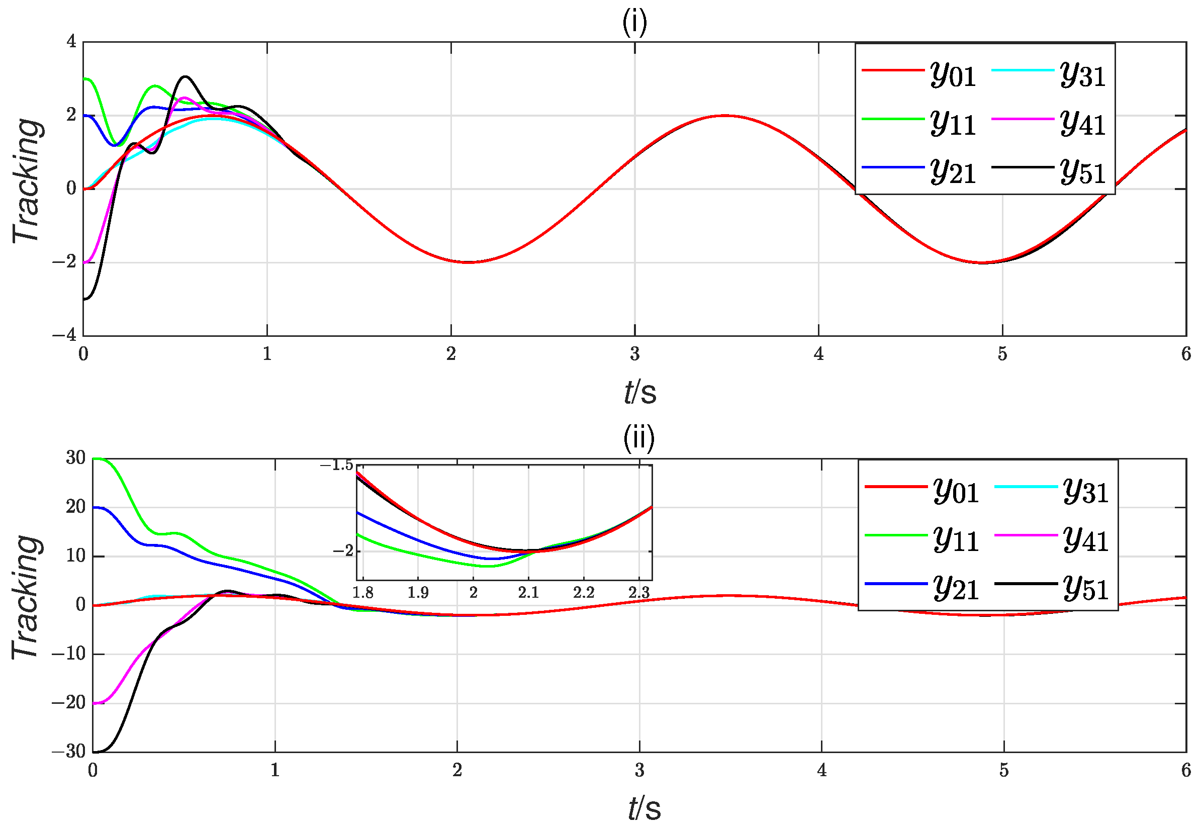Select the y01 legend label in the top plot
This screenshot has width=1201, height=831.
point(952,75)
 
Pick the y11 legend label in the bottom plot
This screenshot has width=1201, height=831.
point(955,539)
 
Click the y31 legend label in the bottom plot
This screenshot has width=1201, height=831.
point(1085,491)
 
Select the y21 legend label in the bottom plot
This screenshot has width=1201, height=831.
point(955,588)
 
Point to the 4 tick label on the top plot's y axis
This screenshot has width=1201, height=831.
point(71,41)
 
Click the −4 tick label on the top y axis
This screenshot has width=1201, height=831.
point(64,335)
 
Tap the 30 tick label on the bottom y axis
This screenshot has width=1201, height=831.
point(75,457)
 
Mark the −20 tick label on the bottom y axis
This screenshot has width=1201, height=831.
point(69,702)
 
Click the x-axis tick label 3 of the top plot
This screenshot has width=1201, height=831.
point(634,354)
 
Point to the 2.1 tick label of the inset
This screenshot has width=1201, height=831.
point(528,593)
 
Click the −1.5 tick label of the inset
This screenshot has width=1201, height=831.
point(336,465)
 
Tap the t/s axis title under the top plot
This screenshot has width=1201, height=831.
point(640,392)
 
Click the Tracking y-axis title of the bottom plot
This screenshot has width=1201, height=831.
point(26,597)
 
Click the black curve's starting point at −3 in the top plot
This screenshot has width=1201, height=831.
point(85,299)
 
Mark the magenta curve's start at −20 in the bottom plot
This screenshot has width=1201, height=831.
point(95,703)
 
